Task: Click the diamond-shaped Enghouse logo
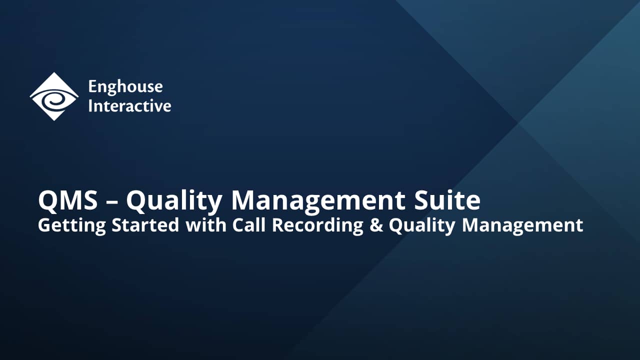(x=54, y=96)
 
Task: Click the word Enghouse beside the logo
(x=125, y=86)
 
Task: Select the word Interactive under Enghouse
(x=129, y=106)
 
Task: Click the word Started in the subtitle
(x=145, y=225)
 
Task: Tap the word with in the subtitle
(x=205, y=225)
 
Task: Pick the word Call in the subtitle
(x=249, y=225)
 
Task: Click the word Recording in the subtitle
(x=317, y=225)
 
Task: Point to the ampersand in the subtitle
(x=376, y=225)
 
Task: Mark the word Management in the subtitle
(x=522, y=225)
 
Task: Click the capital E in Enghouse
(x=92, y=86)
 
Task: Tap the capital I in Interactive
(x=90, y=106)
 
